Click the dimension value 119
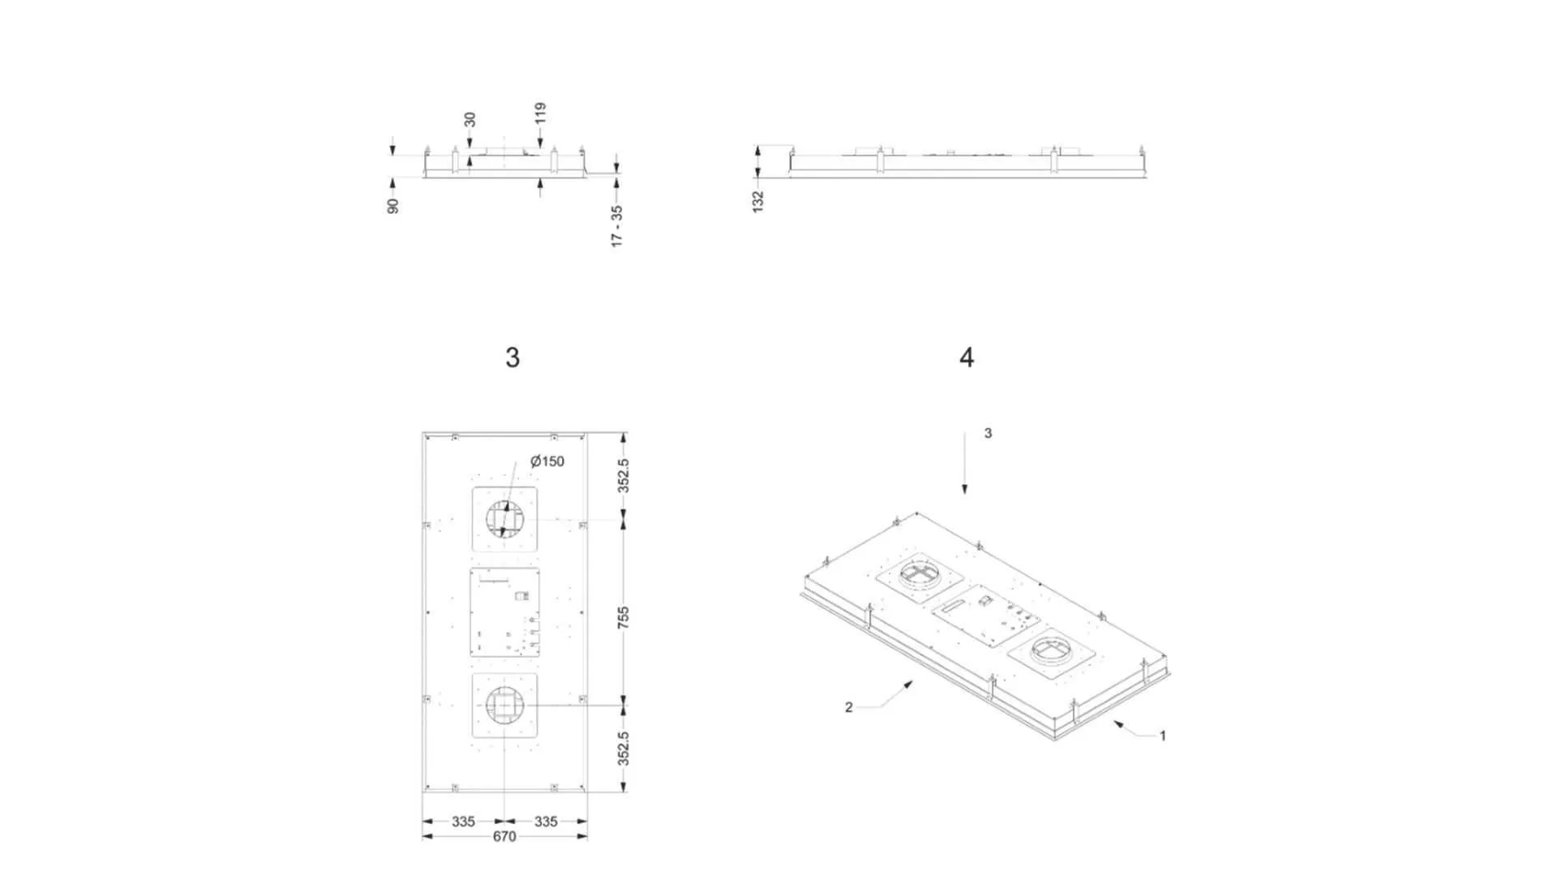[x=541, y=113]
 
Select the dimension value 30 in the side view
[x=470, y=120]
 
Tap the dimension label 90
[x=393, y=206]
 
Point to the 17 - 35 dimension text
[x=617, y=225]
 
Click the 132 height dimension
[x=758, y=201]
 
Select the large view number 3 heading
[x=512, y=358]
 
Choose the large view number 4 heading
[x=966, y=358]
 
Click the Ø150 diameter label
[x=547, y=461]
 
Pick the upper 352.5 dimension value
[x=623, y=475]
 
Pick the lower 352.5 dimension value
[x=623, y=748]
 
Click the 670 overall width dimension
[x=504, y=837]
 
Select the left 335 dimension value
[x=463, y=821]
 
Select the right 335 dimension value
[x=546, y=821]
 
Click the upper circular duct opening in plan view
[x=505, y=519]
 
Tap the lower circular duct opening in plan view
[x=504, y=706]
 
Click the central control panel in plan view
[x=505, y=612]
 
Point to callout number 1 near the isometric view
[x=1162, y=736]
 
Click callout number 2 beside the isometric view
[x=848, y=708]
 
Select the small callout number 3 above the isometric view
[x=988, y=434]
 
